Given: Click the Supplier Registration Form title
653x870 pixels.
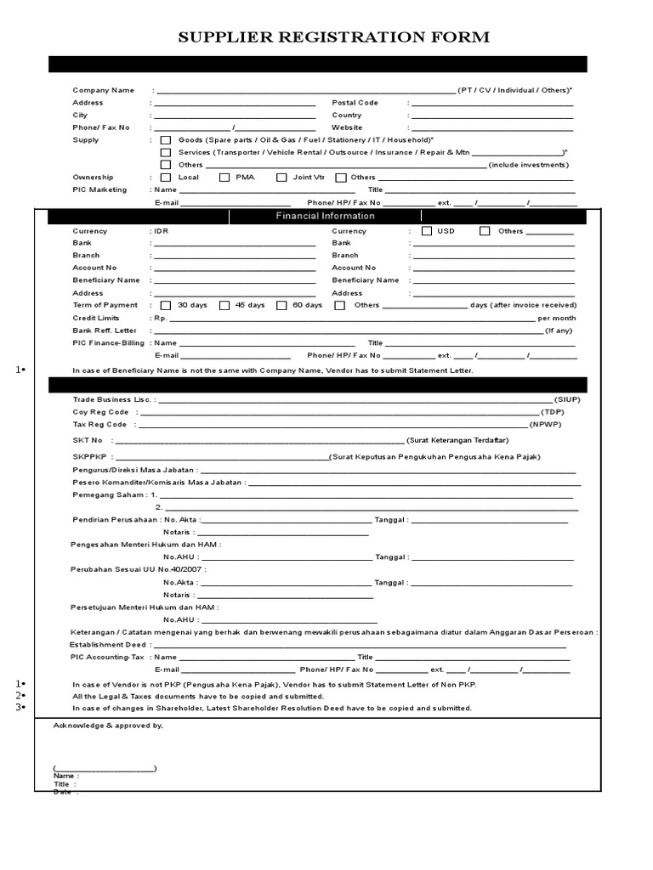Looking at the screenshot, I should click(x=332, y=37).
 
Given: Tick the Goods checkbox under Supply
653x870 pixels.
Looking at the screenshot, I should click(x=166, y=139).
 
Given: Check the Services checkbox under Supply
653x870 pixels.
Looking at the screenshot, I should click(x=166, y=152).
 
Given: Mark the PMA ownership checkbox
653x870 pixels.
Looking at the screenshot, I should click(x=224, y=178).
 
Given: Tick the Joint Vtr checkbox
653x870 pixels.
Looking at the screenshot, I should click(x=281, y=178).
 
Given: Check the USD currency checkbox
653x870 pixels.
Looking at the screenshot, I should click(x=426, y=231).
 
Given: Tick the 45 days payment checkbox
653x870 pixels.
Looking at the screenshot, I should click(x=224, y=305).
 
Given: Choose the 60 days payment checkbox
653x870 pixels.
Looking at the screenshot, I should click(x=281, y=305).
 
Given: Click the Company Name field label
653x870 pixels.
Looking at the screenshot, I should click(x=103, y=90).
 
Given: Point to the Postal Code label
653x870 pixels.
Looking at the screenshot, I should click(x=355, y=103).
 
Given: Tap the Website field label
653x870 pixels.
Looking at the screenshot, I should click(x=347, y=127).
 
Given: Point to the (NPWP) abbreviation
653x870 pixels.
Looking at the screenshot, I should click(x=545, y=424).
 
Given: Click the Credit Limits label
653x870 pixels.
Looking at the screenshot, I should click(x=96, y=318).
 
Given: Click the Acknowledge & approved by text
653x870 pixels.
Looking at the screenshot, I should click(x=108, y=726).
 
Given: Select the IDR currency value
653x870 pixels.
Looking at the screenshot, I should click(x=162, y=231).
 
